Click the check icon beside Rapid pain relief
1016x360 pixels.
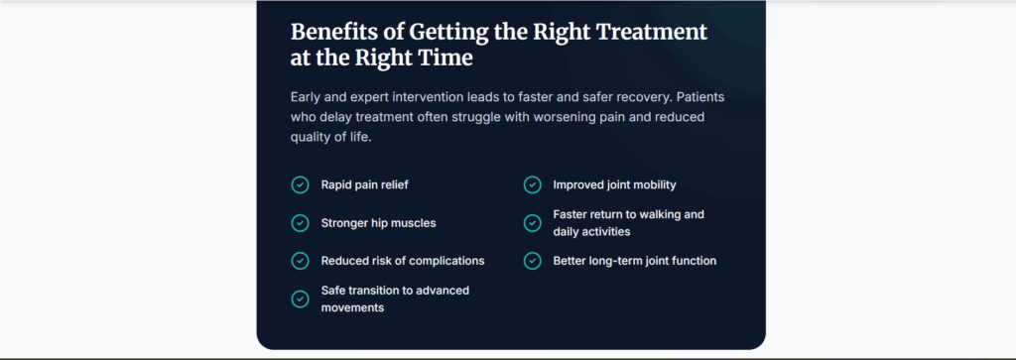point(300,185)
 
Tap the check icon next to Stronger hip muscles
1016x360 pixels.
point(300,223)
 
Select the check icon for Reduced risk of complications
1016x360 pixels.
point(300,261)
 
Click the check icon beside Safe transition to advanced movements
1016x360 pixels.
point(300,300)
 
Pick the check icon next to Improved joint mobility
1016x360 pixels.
point(532,185)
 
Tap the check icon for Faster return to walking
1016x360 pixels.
point(532,223)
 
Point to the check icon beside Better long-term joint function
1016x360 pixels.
point(532,261)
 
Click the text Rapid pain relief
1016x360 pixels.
point(365,185)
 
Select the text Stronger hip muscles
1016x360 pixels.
point(378,223)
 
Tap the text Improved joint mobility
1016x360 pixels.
point(614,185)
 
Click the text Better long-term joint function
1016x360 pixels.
point(635,261)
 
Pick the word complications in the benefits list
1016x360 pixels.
point(446,262)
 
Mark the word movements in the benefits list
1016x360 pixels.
point(352,308)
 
